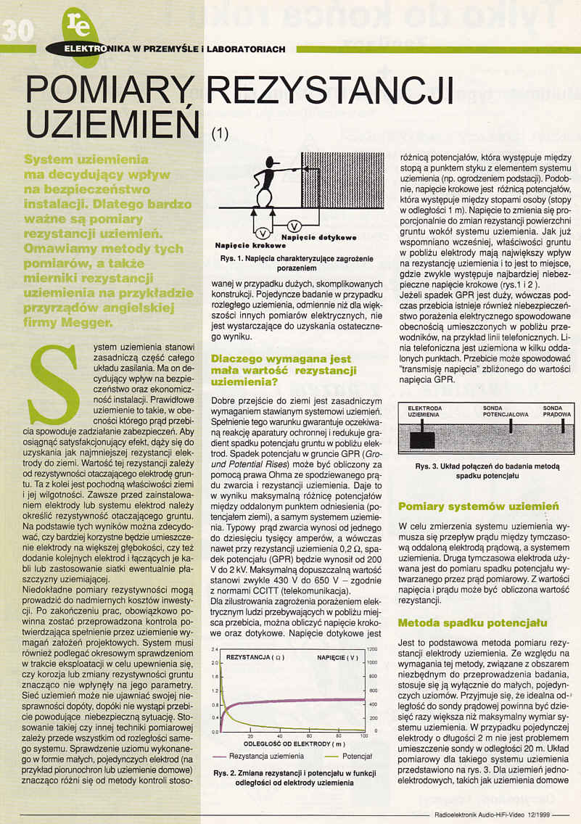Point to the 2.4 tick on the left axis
215,649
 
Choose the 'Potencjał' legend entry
346,757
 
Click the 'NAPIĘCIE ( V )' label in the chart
337,658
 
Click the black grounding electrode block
420,440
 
